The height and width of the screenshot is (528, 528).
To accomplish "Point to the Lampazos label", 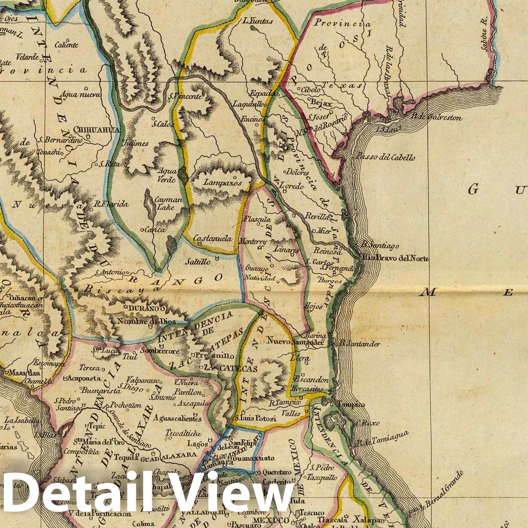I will click(x=222, y=182).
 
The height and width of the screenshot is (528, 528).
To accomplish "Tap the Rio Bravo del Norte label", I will click(x=395, y=258).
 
